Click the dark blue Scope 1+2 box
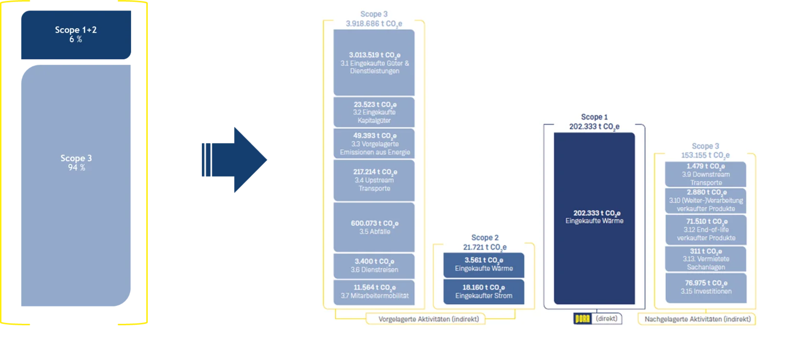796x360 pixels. (76, 35)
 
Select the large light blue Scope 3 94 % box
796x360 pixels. (76, 185)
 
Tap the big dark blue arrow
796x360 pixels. (235, 160)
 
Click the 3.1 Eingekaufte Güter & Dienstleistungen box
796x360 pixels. (374, 62)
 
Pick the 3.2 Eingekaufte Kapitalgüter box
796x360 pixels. (374, 112)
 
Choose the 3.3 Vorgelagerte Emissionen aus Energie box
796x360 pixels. (374, 143)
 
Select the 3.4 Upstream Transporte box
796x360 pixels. (374, 180)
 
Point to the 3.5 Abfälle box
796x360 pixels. (374, 227)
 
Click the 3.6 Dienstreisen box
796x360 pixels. (374, 265)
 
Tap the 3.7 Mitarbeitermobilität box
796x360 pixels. (374, 292)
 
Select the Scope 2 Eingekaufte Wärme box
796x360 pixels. (484, 265)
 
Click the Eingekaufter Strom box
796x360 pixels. (484, 292)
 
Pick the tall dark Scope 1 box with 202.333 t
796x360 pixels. (594, 218)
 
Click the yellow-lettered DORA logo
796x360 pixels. (582, 318)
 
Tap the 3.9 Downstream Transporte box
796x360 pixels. (705, 174)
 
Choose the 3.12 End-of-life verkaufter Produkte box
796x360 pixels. (706, 230)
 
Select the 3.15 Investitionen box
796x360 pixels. (706, 288)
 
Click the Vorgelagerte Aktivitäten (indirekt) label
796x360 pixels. (429, 319)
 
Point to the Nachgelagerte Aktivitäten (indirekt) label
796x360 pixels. (697, 319)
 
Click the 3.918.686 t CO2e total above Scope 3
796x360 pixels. (374, 24)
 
